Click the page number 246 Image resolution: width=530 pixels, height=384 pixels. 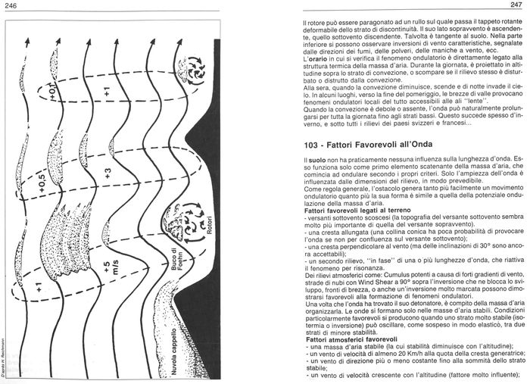(11, 6)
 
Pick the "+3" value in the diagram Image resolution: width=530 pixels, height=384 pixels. (107, 170)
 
